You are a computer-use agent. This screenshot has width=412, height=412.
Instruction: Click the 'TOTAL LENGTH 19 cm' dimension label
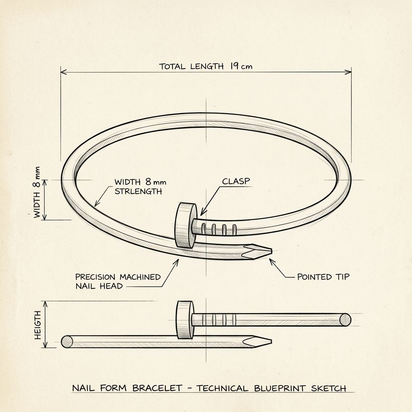pyautogui.click(x=206, y=66)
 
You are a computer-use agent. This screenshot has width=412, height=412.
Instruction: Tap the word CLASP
pyautogui.click(x=236, y=181)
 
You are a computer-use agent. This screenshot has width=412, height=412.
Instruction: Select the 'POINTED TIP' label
pyautogui.click(x=323, y=277)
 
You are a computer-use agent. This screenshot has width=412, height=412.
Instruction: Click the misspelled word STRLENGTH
pyautogui.click(x=138, y=191)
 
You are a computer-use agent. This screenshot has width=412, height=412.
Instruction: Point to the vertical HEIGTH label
pyautogui.click(x=38, y=325)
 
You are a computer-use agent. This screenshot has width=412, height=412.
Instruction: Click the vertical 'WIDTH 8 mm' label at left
pyautogui.click(x=37, y=192)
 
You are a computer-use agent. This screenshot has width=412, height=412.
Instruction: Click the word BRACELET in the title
pyautogui.click(x=157, y=388)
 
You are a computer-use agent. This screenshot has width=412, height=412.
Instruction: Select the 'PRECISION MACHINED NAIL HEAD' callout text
pyautogui.click(x=118, y=281)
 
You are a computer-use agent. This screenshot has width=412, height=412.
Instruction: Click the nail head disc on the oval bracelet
pyautogui.click(x=186, y=225)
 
